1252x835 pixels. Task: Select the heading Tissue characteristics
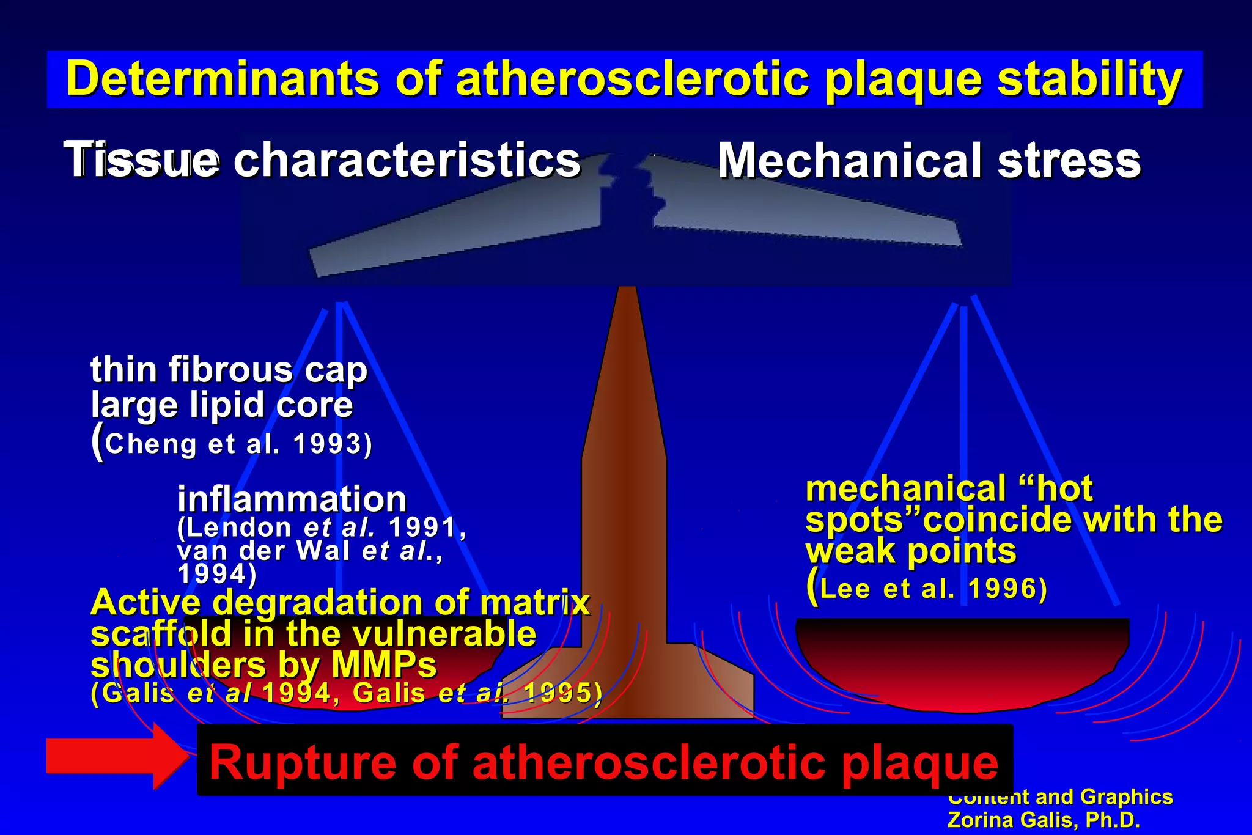pos(322,160)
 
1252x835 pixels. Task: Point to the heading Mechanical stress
pos(929,161)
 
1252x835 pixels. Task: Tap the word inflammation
pos(292,499)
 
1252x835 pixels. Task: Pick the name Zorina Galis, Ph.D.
pos(1044,820)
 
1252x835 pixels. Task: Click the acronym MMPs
pos(384,664)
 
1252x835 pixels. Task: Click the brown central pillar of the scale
pos(624,489)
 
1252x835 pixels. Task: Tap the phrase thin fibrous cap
pos(229,370)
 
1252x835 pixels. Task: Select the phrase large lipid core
pos(222,405)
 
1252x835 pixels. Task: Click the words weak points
pos(911,551)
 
